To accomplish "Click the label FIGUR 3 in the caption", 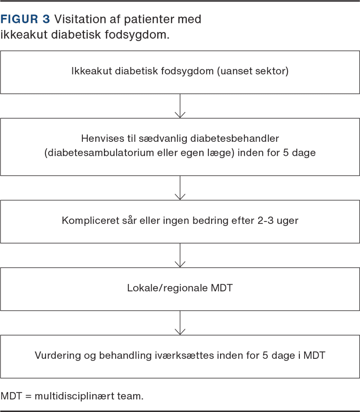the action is pos(25,19).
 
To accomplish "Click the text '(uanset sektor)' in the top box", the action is pos(253,71).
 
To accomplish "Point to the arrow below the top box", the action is pos(180,106).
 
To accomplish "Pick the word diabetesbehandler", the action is pos(234,139).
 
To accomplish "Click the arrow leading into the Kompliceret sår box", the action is pos(180,188).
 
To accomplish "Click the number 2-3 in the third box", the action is pos(265,221).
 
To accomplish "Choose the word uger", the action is pos(288,221).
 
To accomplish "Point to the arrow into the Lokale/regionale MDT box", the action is pos(180,255).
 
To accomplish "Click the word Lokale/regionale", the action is pos(167,288).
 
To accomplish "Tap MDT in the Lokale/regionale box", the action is pos(222,288).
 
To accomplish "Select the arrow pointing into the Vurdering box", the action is pos(180,323).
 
